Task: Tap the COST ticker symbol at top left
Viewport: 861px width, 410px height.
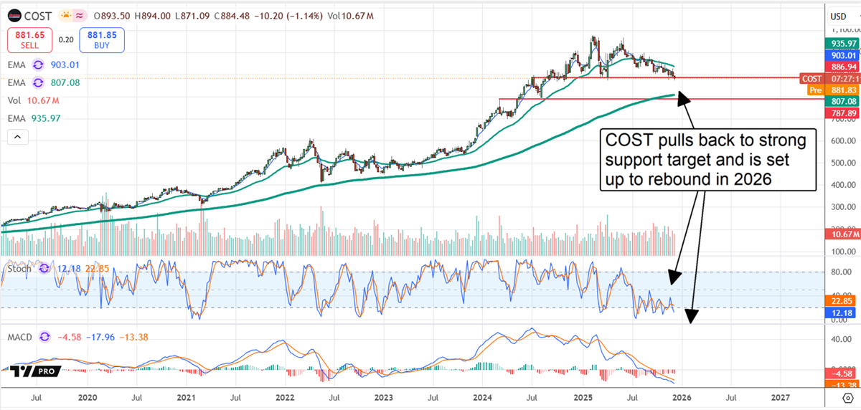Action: [37, 16]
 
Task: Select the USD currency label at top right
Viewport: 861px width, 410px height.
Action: [838, 16]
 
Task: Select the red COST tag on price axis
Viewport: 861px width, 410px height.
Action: [811, 78]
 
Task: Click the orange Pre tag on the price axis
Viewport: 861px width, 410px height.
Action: [814, 90]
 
